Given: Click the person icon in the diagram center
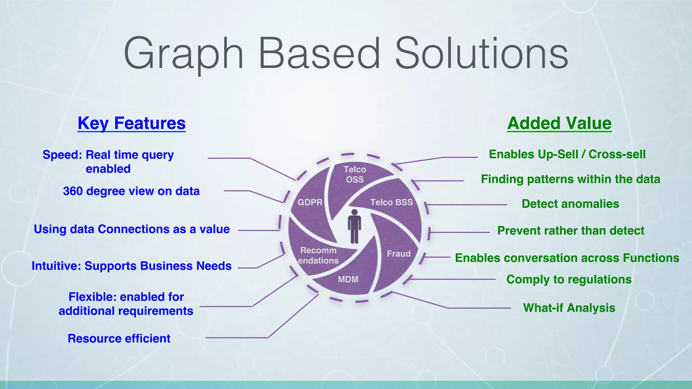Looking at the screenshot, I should pos(354,227).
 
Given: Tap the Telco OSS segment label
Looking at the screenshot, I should pos(355,174).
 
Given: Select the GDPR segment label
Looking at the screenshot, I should pos(310,202).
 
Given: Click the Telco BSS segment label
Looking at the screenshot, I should pos(391,202).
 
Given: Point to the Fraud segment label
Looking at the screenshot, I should pos(399,254).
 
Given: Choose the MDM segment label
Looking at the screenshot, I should pos(348,279).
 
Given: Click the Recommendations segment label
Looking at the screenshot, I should pos(318,256).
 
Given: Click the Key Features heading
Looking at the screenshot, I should pos(131,123).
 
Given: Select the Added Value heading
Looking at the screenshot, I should pos(559,123).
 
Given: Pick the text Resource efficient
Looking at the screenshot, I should pos(119,338).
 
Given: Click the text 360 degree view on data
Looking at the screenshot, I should pos(131,191).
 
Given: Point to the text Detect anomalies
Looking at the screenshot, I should pos(570,204).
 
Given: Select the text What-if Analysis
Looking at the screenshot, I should pos(569,308).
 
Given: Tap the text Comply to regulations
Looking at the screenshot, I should pos(569,280).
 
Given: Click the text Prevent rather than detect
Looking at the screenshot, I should pos(571,231).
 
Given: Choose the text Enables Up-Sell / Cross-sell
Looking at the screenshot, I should pos(567,154).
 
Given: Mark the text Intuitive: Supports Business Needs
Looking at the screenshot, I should pos(131,266).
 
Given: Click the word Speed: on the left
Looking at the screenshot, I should pos(63,155).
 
